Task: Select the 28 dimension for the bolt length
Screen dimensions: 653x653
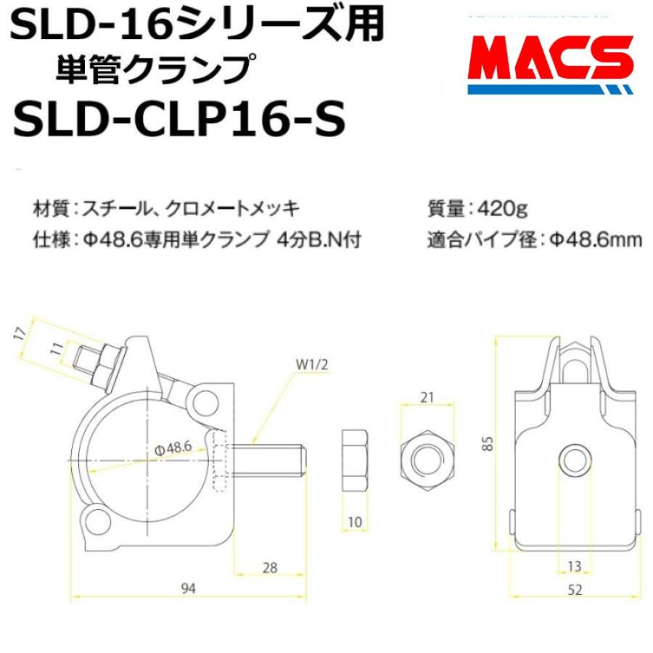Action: tap(270, 568)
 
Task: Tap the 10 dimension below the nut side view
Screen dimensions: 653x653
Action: tap(356, 522)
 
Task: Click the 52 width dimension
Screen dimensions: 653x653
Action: tap(575, 591)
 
